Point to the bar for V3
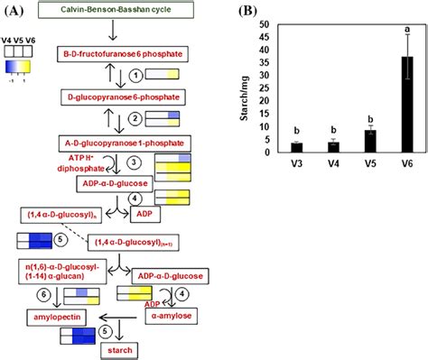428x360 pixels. (x=293, y=148)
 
